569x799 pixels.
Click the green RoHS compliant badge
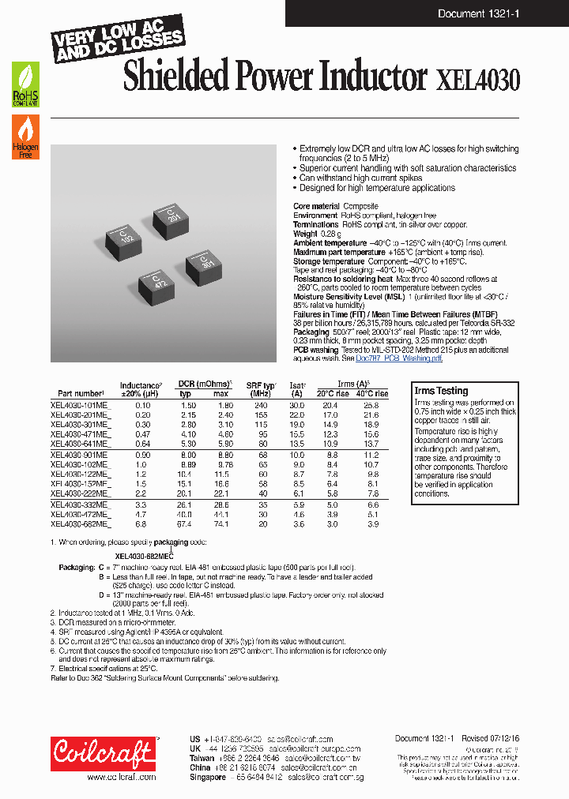24,85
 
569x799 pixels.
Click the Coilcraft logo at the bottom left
103,755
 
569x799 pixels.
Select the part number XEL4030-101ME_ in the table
81,404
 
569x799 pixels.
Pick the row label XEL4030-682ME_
81,523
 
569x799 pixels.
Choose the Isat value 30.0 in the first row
296,404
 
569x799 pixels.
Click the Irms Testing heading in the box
441,391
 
